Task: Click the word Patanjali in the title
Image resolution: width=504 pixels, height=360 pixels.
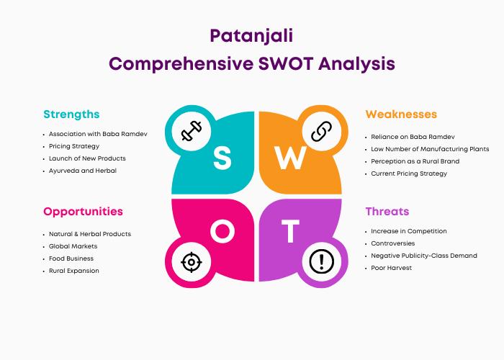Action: point(251,36)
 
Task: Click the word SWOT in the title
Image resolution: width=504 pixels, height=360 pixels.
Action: point(286,63)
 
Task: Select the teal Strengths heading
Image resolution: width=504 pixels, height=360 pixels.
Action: point(71,114)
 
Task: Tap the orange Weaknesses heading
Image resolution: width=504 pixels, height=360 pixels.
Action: point(401,114)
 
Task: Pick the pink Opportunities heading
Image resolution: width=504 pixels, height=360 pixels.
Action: point(83,212)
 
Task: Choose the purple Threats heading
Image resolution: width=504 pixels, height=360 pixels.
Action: point(387,212)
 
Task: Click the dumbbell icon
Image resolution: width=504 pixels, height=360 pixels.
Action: point(192,131)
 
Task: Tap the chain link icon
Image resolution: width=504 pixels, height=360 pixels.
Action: point(321,131)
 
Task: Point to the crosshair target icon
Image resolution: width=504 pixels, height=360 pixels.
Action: point(192,262)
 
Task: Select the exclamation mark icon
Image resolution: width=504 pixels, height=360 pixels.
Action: point(321,261)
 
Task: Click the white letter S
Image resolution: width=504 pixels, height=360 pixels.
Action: point(222,158)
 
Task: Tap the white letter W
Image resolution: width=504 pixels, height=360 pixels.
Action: point(290,158)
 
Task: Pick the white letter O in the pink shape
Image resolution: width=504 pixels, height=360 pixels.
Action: point(222,231)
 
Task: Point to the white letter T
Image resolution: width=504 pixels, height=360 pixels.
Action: point(290,231)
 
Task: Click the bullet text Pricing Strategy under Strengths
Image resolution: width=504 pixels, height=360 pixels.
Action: point(74,146)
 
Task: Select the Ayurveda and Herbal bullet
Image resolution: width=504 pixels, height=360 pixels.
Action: point(83,171)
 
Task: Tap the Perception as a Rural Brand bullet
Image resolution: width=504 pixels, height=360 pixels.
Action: point(415,161)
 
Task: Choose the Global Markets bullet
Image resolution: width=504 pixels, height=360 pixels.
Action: point(73,246)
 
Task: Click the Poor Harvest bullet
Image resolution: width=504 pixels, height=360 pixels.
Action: point(391,268)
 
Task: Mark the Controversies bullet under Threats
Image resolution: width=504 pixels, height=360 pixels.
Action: point(393,243)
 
